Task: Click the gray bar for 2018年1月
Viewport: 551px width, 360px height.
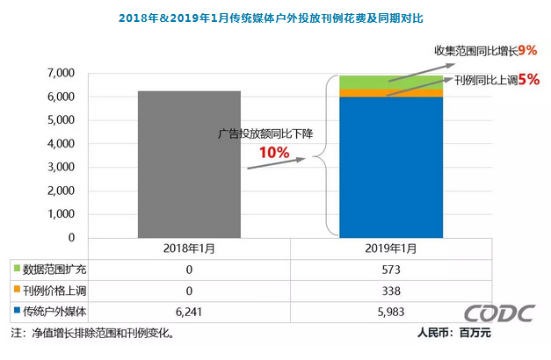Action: click(190, 164)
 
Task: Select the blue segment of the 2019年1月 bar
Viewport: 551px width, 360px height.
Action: click(391, 167)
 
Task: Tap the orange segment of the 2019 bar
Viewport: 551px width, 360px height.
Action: click(391, 92)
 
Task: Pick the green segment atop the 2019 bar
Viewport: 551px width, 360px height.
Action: click(391, 82)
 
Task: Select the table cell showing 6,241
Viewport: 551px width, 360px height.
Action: click(190, 311)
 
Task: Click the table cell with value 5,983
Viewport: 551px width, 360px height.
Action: click(391, 311)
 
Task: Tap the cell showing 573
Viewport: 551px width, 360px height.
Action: click(391, 269)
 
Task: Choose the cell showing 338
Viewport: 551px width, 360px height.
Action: click(391, 290)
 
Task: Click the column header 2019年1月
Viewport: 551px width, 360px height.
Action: click(391, 248)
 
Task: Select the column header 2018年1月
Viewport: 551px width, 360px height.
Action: click(190, 248)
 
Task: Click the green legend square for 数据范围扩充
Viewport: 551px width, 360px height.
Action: click(16, 269)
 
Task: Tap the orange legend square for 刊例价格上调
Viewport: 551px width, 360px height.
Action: click(16, 290)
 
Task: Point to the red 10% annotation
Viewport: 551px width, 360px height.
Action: click(273, 154)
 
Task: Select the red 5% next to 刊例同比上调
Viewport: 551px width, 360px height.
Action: click(528, 79)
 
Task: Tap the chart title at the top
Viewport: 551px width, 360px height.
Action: click(275, 17)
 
